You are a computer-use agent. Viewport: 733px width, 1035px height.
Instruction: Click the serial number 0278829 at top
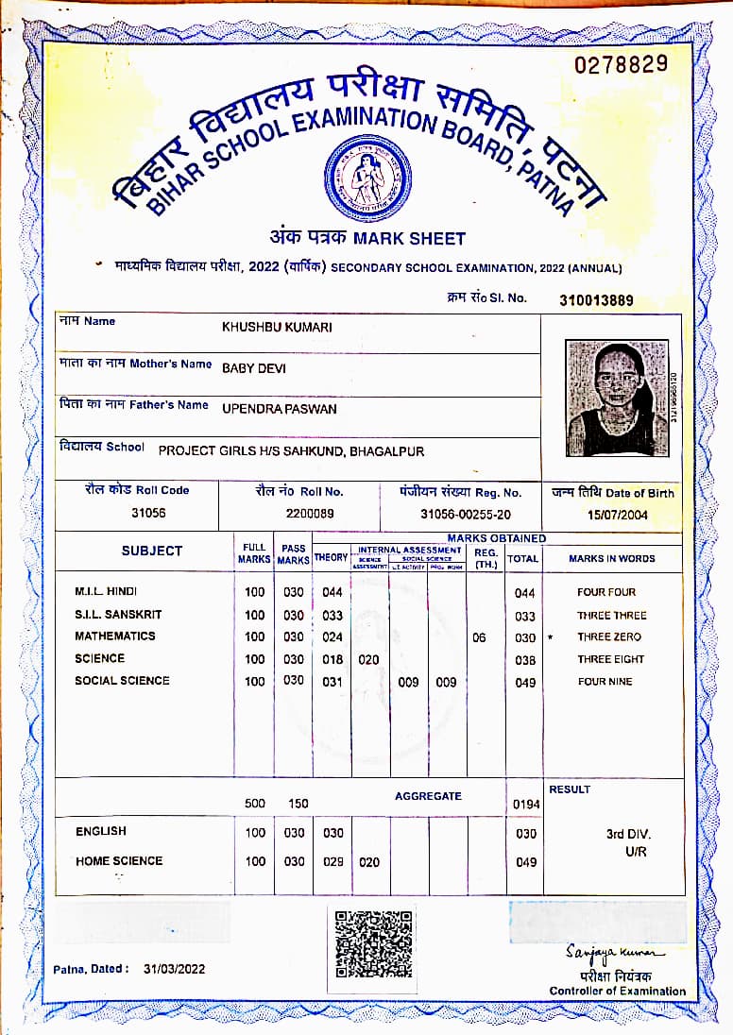[621, 64]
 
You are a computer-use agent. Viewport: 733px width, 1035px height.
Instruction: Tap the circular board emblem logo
[367, 176]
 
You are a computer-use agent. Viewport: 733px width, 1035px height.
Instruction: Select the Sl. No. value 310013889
[596, 300]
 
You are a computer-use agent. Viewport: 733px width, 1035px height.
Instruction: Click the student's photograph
[616, 398]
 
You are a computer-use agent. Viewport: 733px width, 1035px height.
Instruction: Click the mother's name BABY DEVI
[253, 368]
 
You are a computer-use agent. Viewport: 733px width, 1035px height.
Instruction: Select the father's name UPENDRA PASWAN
[279, 409]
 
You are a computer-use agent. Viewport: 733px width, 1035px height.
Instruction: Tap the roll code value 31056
[149, 513]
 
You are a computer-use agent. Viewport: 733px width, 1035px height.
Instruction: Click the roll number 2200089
[310, 513]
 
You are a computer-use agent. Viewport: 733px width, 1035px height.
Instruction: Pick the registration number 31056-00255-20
[466, 514]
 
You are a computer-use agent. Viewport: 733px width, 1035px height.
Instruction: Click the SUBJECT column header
[151, 551]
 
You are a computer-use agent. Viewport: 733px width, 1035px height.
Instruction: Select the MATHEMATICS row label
[115, 636]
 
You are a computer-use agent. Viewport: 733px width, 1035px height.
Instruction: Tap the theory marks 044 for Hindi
[332, 592]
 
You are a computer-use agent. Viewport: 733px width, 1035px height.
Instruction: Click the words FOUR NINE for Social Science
[605, 681]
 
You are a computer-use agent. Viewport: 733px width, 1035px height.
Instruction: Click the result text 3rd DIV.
[628, 834]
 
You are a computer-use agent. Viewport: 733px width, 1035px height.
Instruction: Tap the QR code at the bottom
[374, 943]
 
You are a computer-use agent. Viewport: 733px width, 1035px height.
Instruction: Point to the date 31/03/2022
[174, 969]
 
